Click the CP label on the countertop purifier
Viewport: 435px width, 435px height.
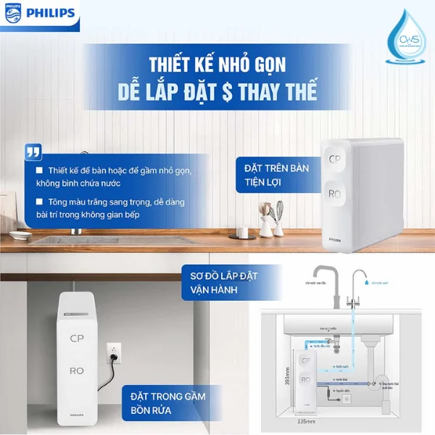[x=335, y=159]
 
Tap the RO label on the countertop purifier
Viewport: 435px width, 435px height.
[x=335, y=194]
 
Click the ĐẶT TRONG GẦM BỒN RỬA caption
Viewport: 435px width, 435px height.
[x=167, y=402]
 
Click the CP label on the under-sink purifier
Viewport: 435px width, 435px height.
[x=77, y=339]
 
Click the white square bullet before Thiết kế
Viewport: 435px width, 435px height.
[x=41, y=171]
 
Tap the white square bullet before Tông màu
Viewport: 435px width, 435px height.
[x=41, y=202]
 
